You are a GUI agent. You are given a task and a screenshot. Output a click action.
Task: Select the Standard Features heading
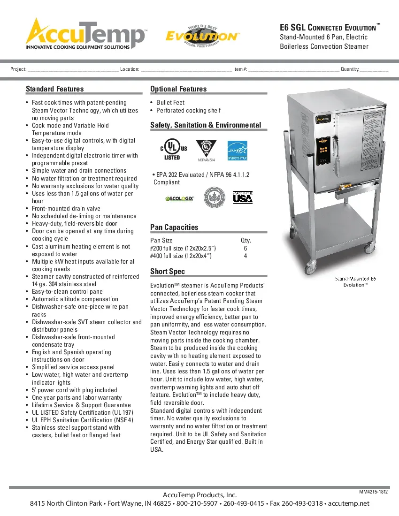pos(54,89)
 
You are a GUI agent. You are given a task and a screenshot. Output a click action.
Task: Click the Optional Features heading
pos(178,89)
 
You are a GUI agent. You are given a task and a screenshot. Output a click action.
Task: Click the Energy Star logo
pos(237,150)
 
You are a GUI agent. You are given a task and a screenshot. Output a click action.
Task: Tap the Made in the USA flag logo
pos(243,197)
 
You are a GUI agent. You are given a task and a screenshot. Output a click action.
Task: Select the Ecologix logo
pos(179,198)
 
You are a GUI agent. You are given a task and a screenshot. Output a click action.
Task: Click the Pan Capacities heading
pos(174,228)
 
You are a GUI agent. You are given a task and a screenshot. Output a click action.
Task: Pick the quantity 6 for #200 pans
pos(246,248)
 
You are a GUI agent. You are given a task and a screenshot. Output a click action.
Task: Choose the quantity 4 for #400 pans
pos(246,256)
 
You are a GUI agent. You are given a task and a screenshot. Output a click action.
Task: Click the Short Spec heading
pos(168,272)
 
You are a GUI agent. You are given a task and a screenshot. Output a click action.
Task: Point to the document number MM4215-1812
pos(374,492)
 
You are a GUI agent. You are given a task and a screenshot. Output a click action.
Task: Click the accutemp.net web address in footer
pos(349,504)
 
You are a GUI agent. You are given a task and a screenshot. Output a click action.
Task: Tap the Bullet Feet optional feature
pos(170,103)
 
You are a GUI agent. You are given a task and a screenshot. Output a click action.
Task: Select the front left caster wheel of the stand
pos(311,269)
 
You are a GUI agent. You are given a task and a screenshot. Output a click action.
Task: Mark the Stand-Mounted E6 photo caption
pos(355,279)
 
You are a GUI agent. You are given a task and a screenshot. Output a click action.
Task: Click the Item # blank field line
pos(293,69)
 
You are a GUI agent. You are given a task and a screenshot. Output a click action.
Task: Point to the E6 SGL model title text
pos(328,28)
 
